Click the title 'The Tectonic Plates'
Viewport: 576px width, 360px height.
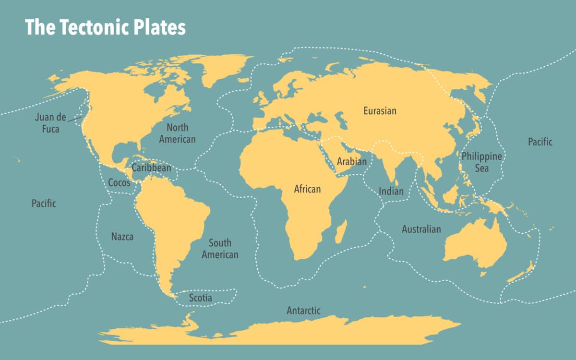click(105, 27)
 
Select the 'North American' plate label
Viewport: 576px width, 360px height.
click(177, 133)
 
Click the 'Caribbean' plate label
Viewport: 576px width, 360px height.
click(151, 168)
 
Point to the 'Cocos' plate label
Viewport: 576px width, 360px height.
click(119, 183)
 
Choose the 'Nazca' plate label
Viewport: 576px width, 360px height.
click(122, 237)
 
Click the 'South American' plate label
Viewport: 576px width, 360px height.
click(220, 249)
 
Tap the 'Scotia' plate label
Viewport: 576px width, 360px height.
click(200, 298)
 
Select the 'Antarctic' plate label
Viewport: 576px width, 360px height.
click(303, 311)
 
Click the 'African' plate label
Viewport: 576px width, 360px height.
click(307, 189)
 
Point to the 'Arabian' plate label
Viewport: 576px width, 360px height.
click(351, 161)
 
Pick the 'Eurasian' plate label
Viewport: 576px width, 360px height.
click(380, 111)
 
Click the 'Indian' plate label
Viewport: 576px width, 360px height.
click(391, 191)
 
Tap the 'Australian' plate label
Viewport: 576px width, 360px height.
click(421, 229)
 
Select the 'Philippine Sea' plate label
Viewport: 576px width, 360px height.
click(481, 162)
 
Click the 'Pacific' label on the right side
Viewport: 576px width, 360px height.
click(540, 142)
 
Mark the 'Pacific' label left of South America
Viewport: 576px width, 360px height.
click(44, 204)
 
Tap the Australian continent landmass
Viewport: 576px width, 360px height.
click(475, 245)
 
